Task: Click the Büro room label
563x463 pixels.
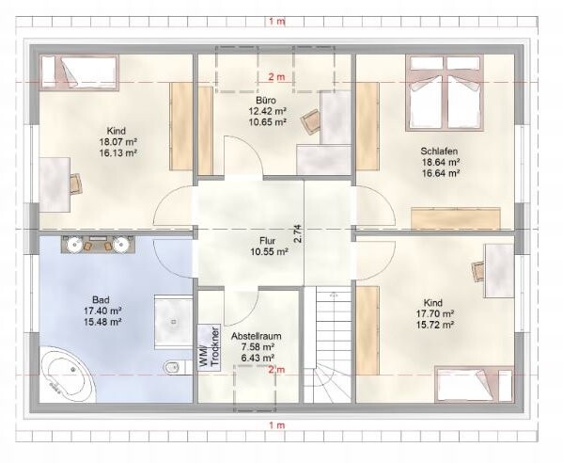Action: pos(266,100)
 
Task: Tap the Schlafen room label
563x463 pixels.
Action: pos(439,151)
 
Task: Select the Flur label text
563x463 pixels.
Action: pos(267,241)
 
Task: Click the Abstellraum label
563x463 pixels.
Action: pos(256,337)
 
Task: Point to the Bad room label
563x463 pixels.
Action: pos(101,299)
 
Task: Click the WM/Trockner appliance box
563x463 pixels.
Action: pos(209,348)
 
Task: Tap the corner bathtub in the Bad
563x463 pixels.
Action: pos(69,374)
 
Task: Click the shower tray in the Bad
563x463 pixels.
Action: pos(174,322)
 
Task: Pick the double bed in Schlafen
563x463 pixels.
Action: pos(445,92)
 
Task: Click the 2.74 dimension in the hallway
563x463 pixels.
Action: pos(298,234)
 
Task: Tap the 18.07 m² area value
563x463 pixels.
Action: pos(118,142)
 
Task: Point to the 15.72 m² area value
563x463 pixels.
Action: pos(435,325)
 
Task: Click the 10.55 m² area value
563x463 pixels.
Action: pos(270,252)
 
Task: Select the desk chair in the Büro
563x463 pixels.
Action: pos(310,121)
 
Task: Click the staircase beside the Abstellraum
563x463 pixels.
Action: pos(327,344)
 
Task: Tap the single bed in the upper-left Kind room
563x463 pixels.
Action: pos(79,72)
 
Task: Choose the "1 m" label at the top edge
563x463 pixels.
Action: pos(277,22)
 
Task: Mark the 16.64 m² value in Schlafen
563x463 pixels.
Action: pos(441,173)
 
